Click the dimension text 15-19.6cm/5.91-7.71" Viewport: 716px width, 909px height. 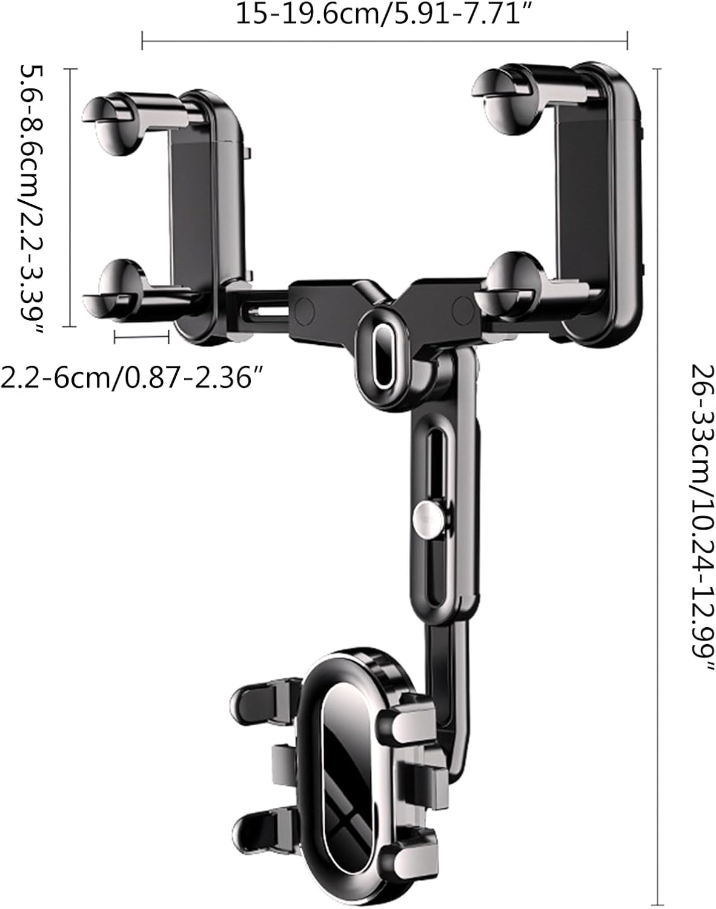pyautogui.click(x=382, y=15)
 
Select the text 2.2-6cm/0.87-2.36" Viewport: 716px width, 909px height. pyautogui.click(x=131, y=376)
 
